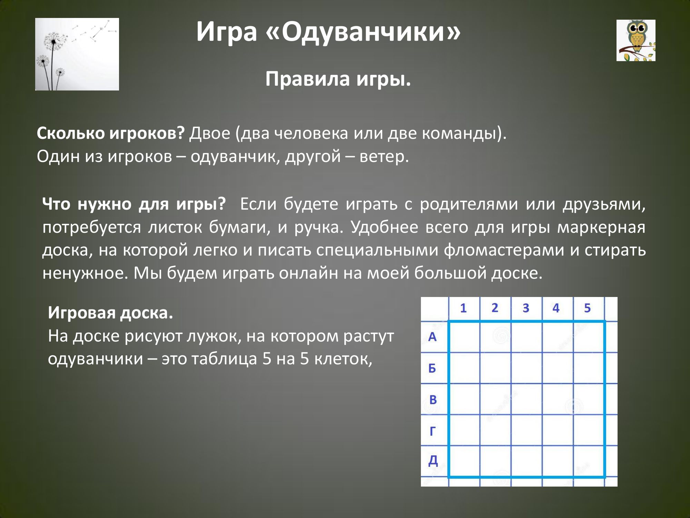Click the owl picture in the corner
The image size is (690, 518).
(x=636, y=40)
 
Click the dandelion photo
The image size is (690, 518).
(x=77, y=54)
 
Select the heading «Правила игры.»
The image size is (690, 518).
(x=338, y=79)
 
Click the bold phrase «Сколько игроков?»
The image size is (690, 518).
(x=111, y=133)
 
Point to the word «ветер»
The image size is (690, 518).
(x=384, y=156)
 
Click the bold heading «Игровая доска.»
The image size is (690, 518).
(x=110, y=313)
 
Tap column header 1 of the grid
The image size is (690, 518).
(x=463, y=308)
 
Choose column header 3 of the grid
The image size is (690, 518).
(x=526, y=308)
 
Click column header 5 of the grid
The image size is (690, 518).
(x=588, y=308)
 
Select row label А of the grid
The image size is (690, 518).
(x=432, y=337)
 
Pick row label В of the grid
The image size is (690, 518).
(x=433, y=400)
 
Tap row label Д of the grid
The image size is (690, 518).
(x=433, y=461)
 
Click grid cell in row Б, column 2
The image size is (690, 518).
(x=495, y=368)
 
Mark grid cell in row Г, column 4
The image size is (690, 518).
(x=558, y=430)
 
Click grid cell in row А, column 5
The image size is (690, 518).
(x=589, y=337)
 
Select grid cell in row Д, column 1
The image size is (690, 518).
(x=464, y=461)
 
